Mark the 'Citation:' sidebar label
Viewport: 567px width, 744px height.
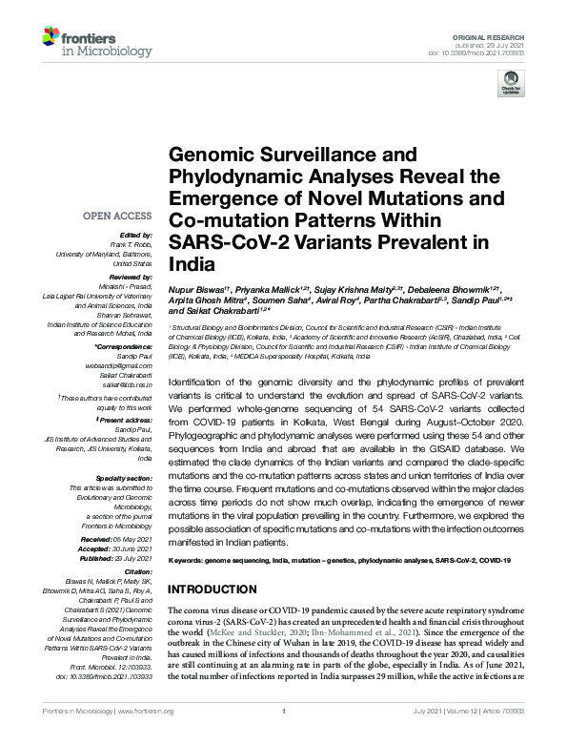pos(138,573)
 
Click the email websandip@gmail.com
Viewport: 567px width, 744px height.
pos(126,365)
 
